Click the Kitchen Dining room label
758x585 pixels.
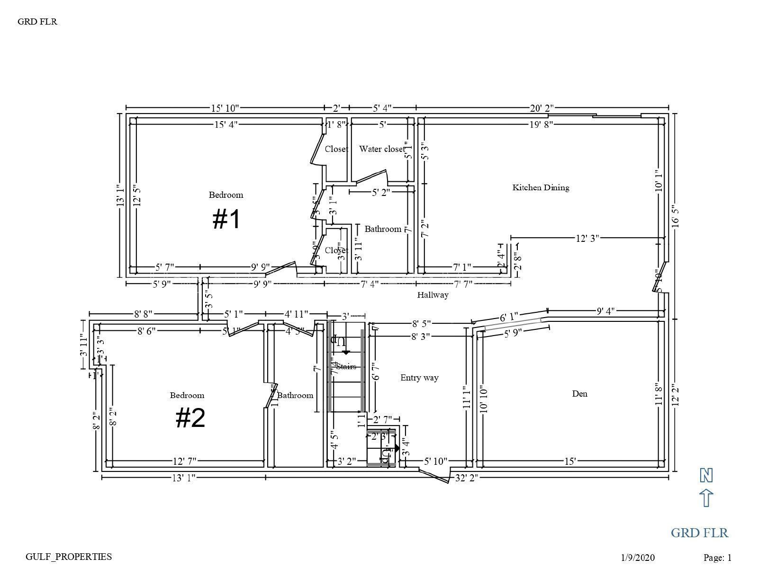point(541,187)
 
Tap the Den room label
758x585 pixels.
point(579,394)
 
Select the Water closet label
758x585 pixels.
point(382,149)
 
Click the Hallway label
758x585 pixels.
point(433,295)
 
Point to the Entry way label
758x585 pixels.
point(419,378)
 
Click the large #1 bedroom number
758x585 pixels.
point(227,220)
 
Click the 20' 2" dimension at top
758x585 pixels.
point(542,108)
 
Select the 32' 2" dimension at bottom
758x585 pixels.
point(467,478)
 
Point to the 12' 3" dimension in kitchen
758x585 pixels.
point(587,238)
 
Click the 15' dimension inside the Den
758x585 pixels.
point(570,461)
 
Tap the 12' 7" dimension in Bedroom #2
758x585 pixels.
point(184,461)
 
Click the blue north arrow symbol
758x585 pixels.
point(706,498)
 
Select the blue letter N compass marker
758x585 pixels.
point(706,475)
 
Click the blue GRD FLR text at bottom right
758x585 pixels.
point(699,533)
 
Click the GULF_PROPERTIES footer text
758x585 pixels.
point(69,557)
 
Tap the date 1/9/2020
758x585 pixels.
point(638,558)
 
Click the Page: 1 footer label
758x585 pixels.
point(717,558)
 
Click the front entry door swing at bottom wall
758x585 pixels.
point(434,475)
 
